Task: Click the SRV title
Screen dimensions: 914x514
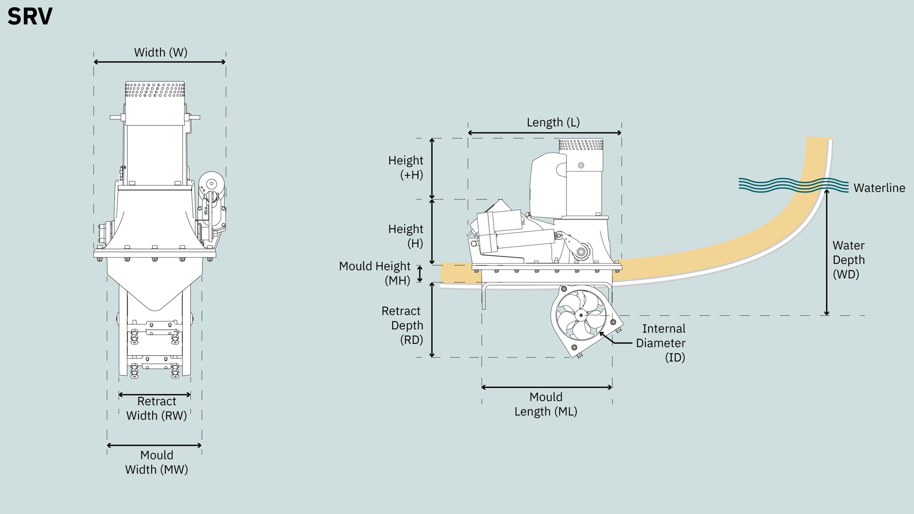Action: pyautogui.click(x=30, y=17)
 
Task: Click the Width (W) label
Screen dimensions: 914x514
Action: pyautogui.click(x=161, y=52)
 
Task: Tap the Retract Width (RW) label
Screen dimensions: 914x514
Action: pyautogui.click(x=156, y=408)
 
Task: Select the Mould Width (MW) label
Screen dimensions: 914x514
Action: pyautogui.click(x=156, y=462)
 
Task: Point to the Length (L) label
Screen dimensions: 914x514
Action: pyautogui.click(x=553, y=122)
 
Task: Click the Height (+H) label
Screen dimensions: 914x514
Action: pyautogui.click(x=405, y=167)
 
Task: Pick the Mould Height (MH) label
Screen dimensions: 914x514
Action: pyautogui.click(x=375, y=273)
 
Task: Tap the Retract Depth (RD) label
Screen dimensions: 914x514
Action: pyautogui.click(x=403, y=325)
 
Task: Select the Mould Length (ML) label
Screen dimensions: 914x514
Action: pyautogui.click(x=546, y=404)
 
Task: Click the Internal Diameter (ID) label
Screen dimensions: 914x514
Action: pyautogui.click(x=661, y=343)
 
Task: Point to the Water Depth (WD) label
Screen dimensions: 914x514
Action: pyautogui.click(x=849, y=260)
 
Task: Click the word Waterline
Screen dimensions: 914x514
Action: pyautogui.click(x=879, y=188)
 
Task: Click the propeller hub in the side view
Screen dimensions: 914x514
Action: pyautogui.click(x=581, y=315)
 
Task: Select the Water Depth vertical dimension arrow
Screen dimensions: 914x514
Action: pyautogui.click(x=827, y=252)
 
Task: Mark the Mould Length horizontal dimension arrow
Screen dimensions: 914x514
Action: pyautogui.click(x=547, y=387)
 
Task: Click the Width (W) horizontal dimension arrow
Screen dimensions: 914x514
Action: pyautogui.click(x=160, y=62)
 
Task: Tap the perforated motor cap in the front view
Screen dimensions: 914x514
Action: pyautogui.click(x=155, y=90)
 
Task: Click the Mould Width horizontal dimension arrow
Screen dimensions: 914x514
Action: pyautogui.click(x=154, y=445)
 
